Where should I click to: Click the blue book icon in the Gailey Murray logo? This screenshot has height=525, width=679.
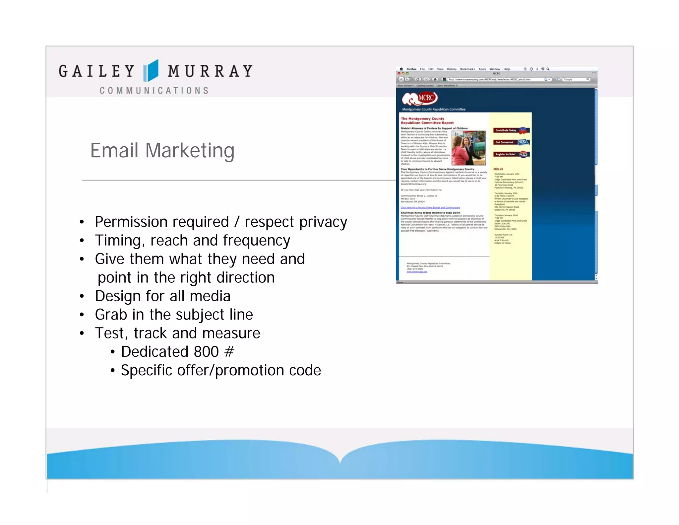click(x=151, y=71)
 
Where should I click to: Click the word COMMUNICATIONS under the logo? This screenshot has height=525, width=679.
click(x=154, y=91)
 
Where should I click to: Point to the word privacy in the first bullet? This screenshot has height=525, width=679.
click(x=323, y=222)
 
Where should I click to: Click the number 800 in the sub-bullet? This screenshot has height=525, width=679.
click(x=206, y=352)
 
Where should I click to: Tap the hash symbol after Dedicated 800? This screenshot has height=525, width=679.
click(x=229, y=352)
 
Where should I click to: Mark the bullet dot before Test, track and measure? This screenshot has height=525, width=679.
click(x=82, y=333)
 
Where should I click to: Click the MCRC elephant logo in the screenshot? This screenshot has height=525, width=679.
click(x=419, y=98)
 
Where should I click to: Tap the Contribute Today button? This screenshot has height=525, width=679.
click(x=511, y=130)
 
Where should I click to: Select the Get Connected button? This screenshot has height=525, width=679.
click(x=511, y=142)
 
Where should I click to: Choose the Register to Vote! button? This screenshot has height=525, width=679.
click(x=511, y=154)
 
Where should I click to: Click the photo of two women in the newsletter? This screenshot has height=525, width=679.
click(x=468, y=148)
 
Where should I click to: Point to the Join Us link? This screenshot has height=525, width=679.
click(x=498, y=169)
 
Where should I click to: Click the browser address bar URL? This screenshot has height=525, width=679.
click(x=489, y=80)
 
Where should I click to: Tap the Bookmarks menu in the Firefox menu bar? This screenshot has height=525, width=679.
click(x=467, y=69)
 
